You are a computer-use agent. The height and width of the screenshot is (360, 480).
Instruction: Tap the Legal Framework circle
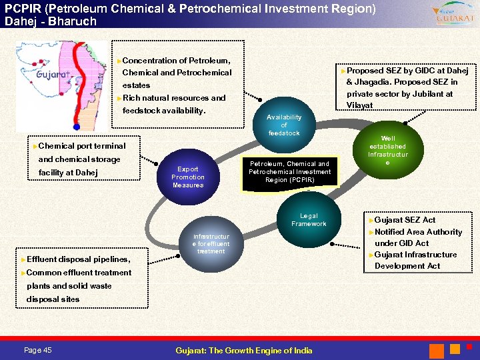click(309, 220)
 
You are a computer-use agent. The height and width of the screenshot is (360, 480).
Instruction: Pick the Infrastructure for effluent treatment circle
click(211, 244)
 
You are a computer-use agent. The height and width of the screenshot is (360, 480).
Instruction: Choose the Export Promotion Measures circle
click(188, 177)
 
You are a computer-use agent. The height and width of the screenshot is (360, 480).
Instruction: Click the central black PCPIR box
click(289, 172)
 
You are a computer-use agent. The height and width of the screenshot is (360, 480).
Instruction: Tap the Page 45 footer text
click(38, 351)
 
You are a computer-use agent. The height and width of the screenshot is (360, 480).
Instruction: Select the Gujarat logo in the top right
click(453, 14)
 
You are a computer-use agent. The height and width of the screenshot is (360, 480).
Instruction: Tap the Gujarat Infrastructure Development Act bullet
click(415, 260)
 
